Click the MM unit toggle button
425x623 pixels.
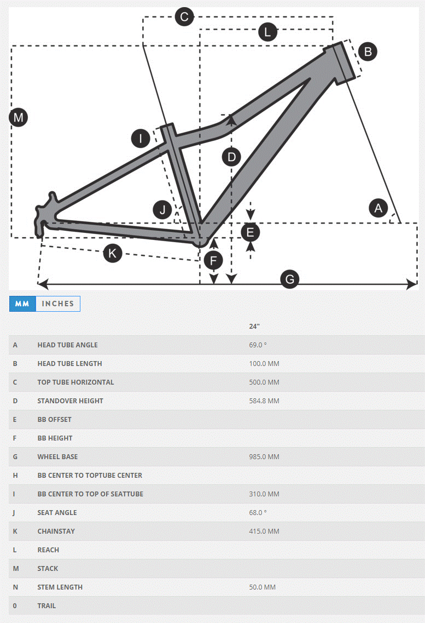click(22, 304)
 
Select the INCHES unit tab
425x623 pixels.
click(58, 304)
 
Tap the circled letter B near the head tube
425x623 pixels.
click(368, 52)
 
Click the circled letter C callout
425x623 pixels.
click(184, 17)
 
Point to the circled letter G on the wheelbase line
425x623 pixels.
click(290, 279)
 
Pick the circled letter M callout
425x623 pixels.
click(19, 117)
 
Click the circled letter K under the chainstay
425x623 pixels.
click(113, 253)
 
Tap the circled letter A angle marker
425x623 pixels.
click(378, 208)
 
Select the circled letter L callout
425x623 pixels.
click(267, 32)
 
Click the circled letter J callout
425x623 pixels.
click(162, 210)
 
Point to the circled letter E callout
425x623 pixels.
click(251, 232)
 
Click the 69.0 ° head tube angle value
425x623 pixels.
click(258, 345)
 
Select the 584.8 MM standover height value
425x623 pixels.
click(264, 401)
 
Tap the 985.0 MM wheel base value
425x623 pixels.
click(264, 457)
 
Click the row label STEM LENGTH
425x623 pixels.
click(60, 587)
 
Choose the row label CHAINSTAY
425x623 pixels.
click(56, 531)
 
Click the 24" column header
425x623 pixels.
click(254, 327)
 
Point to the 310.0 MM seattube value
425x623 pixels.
click(264, 494)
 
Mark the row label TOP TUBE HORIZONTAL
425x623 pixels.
click(76, 382)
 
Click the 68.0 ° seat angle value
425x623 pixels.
click(258, 513)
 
